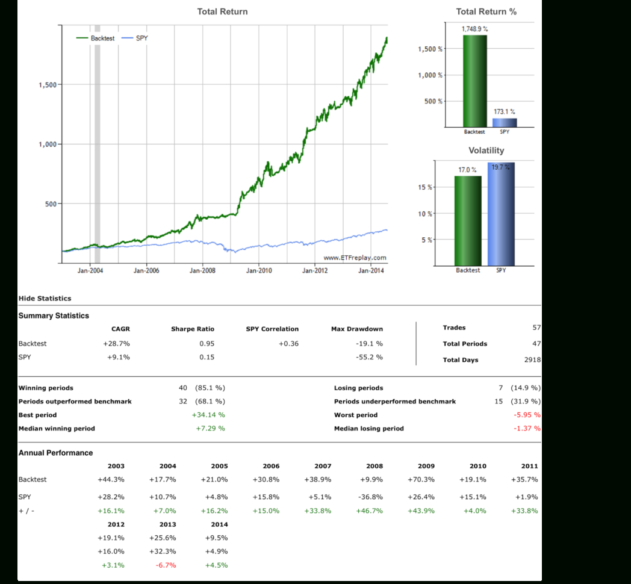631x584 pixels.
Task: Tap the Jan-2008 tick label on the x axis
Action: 202,271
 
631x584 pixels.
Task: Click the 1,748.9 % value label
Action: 474,29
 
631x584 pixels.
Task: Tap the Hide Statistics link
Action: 45,298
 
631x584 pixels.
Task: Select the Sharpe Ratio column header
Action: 192,329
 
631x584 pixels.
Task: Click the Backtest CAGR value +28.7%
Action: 116,344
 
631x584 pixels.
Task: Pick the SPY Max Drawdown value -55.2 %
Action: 369,357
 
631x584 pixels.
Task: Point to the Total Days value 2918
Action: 532,360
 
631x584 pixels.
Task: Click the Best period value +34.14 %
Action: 208,415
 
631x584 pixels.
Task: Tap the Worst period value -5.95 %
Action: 527,415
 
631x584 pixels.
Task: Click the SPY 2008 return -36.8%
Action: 370,497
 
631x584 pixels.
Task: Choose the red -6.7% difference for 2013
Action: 167,565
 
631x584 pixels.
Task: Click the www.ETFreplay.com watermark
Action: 355,258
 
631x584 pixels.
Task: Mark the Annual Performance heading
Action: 55,453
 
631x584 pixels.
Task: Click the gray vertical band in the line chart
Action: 98,144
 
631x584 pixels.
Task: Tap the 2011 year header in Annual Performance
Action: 529,466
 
